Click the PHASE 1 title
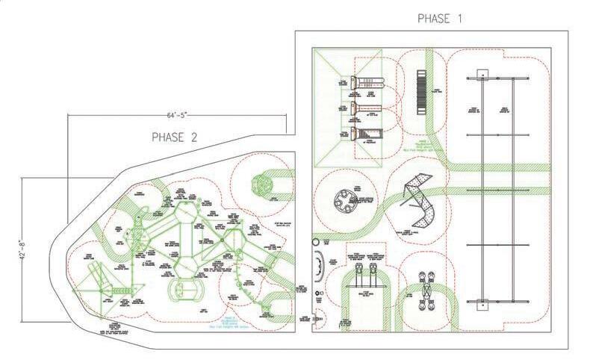[439, 17]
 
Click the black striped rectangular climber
[421, 92]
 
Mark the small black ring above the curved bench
[315, 242]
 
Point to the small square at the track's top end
[482, 72]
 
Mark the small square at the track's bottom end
[482, 305]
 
